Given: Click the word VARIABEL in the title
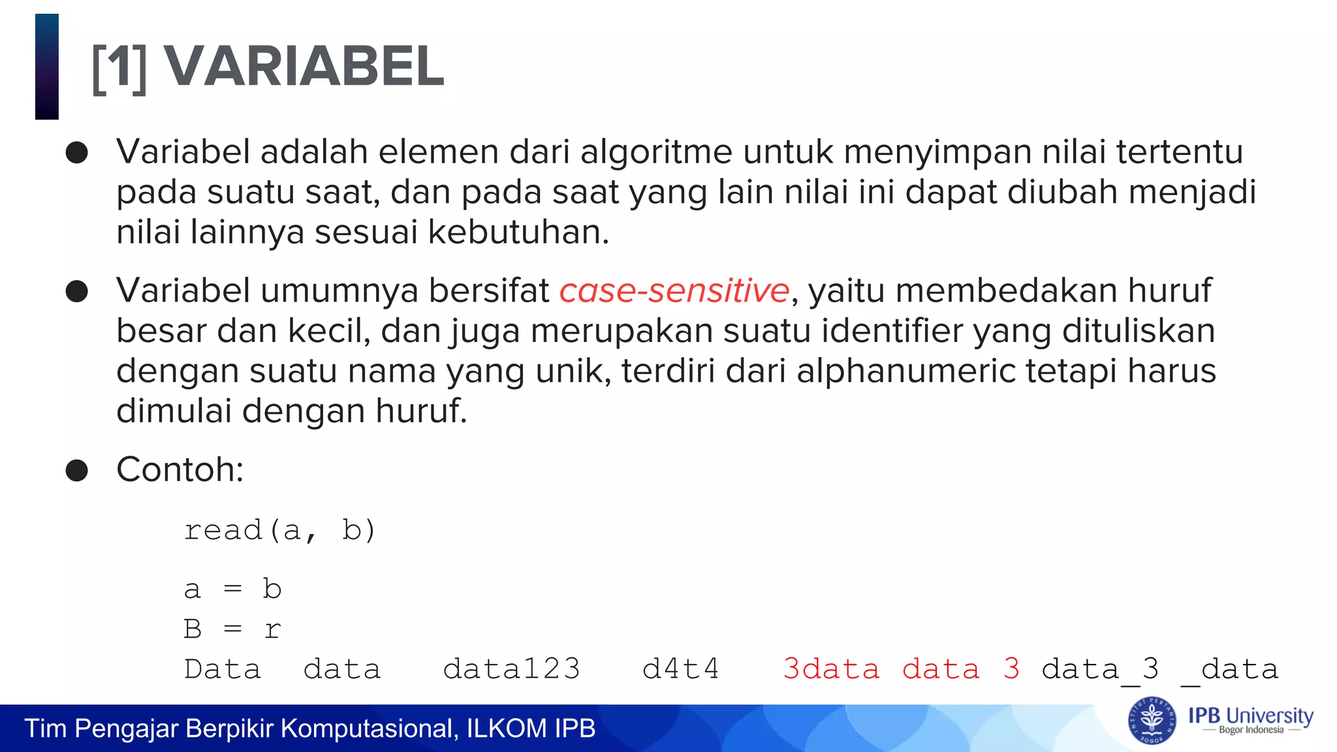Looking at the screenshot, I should tap(304, 67).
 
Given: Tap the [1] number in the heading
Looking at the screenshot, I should tap(119, 68).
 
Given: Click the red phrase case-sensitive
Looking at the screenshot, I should tap(674, 290).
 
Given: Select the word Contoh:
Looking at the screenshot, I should tap(180, 469).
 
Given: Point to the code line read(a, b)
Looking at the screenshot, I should tap(280, 530).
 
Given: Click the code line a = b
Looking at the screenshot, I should tap(232, 589).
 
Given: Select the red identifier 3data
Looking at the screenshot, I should tap(831, 669).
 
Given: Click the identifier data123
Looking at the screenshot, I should tap(511, 669).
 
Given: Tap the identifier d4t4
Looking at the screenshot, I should tap(680, 669).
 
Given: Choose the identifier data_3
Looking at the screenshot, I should tap(1100, 669).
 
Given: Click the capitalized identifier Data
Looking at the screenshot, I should tap(222, 669).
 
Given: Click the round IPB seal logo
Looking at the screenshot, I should tap(1152, 721).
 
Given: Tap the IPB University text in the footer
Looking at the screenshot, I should tap(1250, 716).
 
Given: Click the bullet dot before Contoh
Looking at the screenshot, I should tap(77, 470).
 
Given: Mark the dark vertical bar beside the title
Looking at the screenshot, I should tap(47, 67).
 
